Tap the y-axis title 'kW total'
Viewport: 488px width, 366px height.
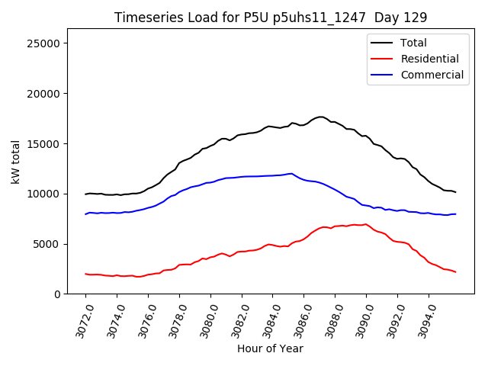16,162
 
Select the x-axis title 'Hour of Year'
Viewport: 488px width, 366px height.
270,348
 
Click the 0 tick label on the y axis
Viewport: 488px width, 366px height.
57,294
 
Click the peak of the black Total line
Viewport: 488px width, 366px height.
320,117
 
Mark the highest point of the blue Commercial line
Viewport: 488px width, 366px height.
291,173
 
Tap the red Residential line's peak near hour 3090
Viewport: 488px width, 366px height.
366,224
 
